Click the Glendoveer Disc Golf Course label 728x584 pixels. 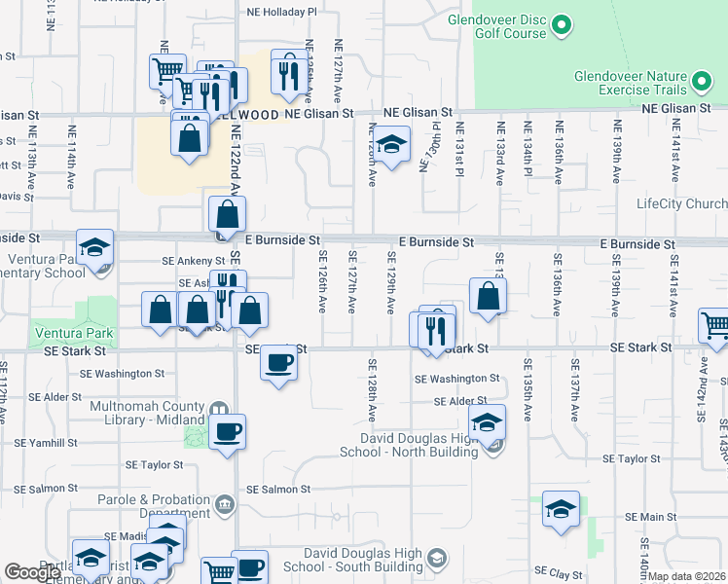(x=496, y=26)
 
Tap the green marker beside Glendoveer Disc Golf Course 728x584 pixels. (x=562, y=26)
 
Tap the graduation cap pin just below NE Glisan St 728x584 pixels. (x=391, y=147)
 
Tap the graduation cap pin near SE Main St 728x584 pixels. (x=561, y=509)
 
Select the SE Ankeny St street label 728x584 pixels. (x=193, y=260)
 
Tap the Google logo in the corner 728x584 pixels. (x=32, y=572)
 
